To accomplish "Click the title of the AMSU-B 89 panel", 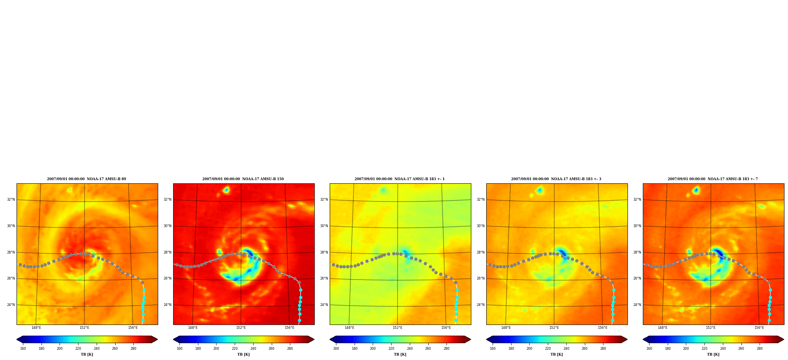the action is [87, 179].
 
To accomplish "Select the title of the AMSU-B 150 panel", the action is [243, 179].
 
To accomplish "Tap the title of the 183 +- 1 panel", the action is [400, 179].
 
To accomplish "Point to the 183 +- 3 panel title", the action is [556, 179].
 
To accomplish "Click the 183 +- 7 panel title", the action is [713, 179].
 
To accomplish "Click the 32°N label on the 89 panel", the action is [11, 200].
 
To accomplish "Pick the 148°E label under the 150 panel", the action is [193, 328].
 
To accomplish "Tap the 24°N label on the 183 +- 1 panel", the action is [324, 305].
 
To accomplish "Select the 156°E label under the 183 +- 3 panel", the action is [603, 328].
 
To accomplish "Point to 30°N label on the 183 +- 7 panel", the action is [637, 226].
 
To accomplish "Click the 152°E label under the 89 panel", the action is [84, 328].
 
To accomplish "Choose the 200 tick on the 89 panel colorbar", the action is [60, 349].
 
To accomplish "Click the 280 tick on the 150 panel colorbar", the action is [290, 349].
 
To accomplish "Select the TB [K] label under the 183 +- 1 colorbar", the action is [400, 354].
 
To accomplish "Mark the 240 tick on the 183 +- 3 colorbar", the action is [566, 349].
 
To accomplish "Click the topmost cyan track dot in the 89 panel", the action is [144, 290].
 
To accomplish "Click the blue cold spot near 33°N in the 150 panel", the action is [226, 190].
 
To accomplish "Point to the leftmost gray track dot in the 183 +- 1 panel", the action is [333, 265].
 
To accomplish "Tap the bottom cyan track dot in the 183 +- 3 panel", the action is [612, 321].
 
